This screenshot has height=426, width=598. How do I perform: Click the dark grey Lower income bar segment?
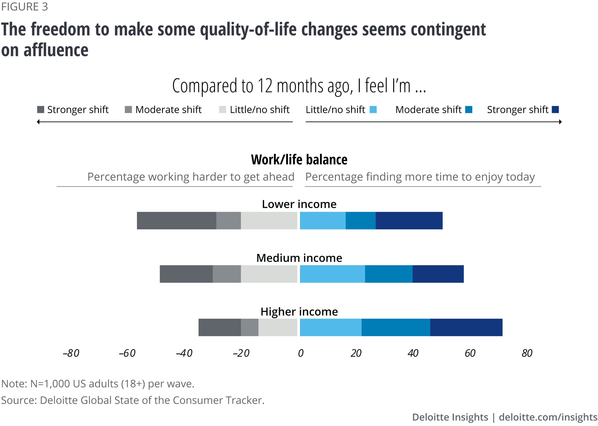tap(176, 220)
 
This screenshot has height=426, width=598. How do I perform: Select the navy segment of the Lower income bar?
tap(409, 220)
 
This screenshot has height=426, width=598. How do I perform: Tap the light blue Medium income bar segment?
tap(332, 274)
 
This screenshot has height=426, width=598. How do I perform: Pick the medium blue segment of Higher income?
tap(396, 327)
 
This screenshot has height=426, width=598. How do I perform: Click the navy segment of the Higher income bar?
tap(466, 327)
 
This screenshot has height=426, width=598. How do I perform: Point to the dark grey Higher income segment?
tap(219, 327)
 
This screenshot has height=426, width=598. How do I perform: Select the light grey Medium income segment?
tap(269, 274)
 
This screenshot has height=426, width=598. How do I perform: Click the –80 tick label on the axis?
tap(71, 353)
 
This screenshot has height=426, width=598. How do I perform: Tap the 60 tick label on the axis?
tap(470, 353)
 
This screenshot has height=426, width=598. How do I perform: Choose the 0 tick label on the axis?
tap(300, 353)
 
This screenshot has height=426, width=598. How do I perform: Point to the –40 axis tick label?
tap(184, 353)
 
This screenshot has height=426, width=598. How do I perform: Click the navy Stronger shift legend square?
tap(555, 110)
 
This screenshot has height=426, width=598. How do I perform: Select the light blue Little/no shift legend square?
tap(373, 110)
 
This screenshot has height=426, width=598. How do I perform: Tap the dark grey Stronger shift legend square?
tap(41, 110)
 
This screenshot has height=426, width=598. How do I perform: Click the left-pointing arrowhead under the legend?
tap(38, 122)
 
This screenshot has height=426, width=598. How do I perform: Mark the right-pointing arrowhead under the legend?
tap(560, 122)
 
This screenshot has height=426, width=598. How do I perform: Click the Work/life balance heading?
tap(299, 160)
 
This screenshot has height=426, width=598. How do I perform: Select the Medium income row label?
tap(299, 258)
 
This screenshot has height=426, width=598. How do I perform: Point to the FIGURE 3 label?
tap(25, 7)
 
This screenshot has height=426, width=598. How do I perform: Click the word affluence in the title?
tap(56, 50)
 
